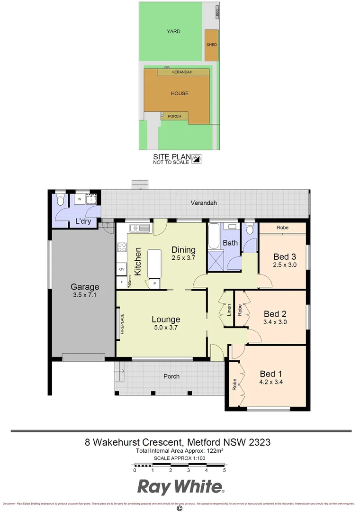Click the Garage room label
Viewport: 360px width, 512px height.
[x=85, y=287]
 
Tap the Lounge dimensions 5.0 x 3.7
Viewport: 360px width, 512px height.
[x=165, y=328]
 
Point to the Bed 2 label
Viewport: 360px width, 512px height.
[x=275, y=314]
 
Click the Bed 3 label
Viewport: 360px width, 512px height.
[x=285, y=257]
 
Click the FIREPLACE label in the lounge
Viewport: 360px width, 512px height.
[x=122, y=324]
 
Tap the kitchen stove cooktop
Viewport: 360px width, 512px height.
[x=122, y=247]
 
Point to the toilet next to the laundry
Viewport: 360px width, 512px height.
[x=60, y=200]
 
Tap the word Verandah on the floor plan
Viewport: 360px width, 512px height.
[x=204, y=203]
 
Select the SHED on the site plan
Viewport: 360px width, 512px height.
[x=211, y=45]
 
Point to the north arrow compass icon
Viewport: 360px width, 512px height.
[x=198, y=158]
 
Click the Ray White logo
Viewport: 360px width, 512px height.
[x=180, y=487]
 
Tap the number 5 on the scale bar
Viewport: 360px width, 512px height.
[x=224, y=471]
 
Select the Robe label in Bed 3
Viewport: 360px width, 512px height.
[x=283, y=228]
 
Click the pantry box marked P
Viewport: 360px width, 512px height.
[x=154, y=283]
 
